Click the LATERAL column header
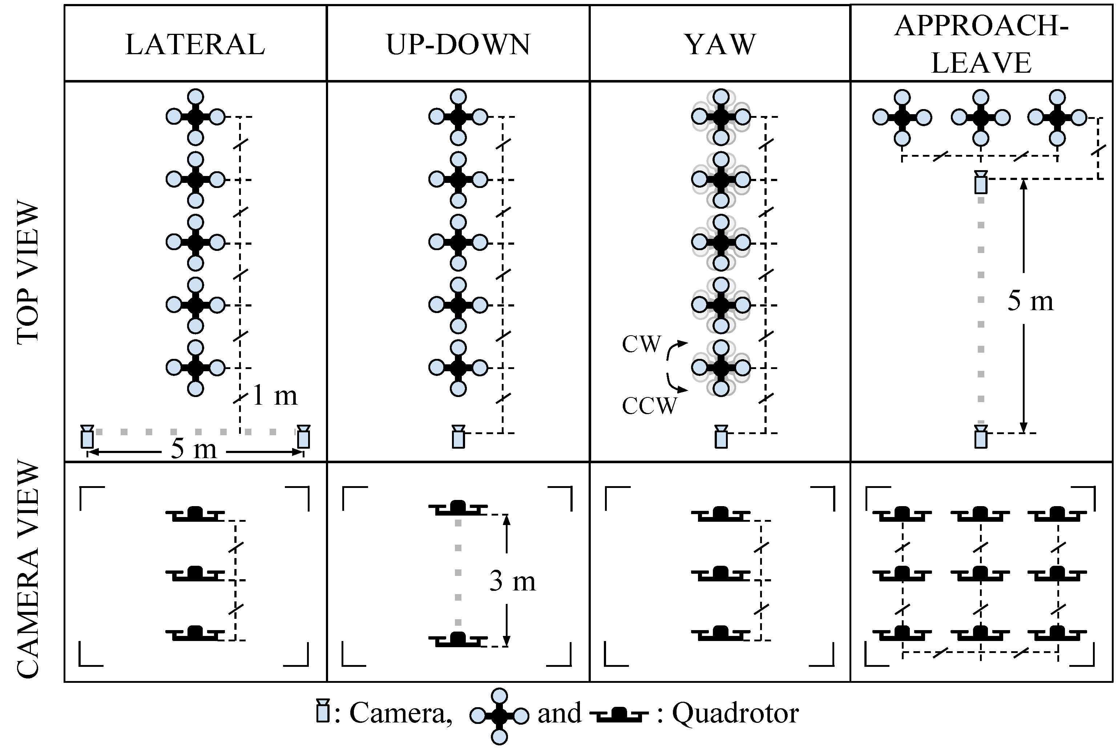195,44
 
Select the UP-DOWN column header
458,44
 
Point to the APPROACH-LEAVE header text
981,44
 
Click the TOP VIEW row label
28,273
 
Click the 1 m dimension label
274,396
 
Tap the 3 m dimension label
512,581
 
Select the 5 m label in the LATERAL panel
193,449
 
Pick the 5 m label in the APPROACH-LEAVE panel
1030,301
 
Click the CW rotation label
641,344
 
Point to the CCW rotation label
649,406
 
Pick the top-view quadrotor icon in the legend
499,716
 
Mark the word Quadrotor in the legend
735,714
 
